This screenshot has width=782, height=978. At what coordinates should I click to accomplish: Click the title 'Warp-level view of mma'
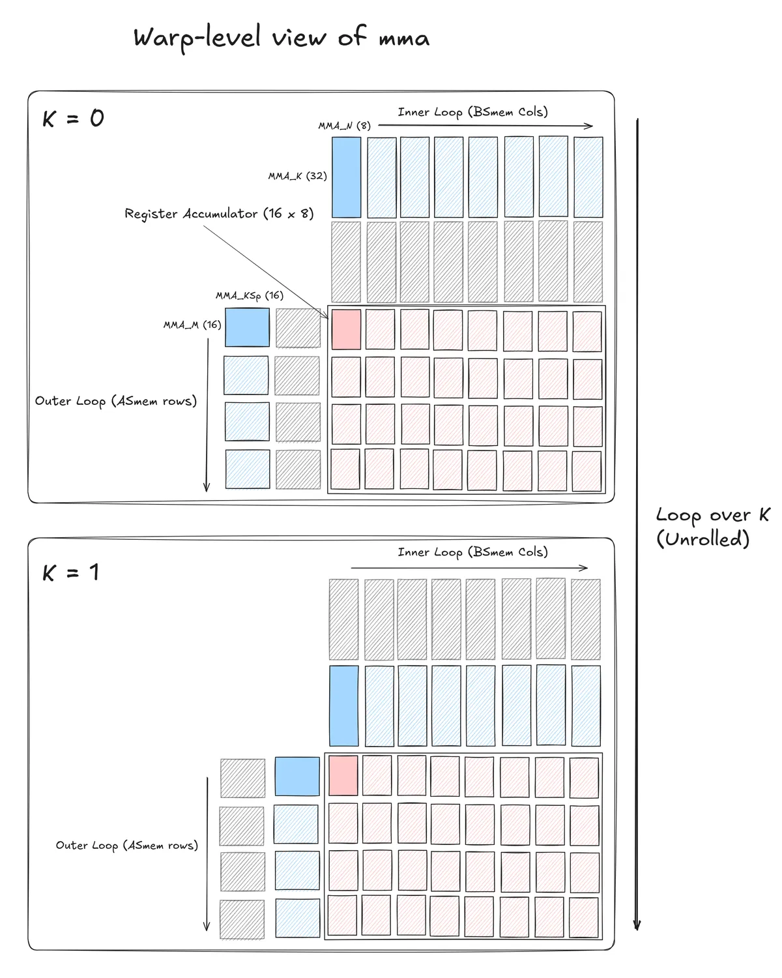[x=281, y=38]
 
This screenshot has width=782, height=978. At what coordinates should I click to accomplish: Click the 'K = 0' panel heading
[x=73, y=119]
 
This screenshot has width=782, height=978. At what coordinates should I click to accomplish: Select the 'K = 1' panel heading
[x=71, y=573]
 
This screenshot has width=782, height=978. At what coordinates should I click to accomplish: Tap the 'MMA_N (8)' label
[x=344, y=126]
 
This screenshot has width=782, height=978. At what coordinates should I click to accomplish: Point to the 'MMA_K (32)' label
[x=297, y=176]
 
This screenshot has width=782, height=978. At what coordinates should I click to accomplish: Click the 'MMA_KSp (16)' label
[x=250, y=296]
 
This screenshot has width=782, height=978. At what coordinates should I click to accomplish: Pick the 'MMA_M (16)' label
[x=192, y=325]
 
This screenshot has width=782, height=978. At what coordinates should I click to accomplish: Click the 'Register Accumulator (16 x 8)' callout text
[x=219, y=214]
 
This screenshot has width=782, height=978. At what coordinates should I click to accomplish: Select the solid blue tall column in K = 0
[x=346, y=177]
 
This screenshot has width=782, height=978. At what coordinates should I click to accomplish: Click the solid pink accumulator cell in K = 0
[x=346, y=329]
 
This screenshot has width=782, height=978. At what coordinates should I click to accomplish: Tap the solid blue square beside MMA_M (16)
[x=247, y=327]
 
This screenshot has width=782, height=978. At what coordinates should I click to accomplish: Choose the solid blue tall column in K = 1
[x=343, y=705]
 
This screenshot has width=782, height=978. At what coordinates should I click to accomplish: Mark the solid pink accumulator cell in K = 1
[x=343, y=775]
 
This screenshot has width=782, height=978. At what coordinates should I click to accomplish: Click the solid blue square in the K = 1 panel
[x=297, y=776]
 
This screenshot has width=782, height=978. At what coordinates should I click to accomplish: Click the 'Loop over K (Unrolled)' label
[x=712, y=527]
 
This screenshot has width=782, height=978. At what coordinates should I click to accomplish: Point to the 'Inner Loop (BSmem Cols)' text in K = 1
[x=472, y=552]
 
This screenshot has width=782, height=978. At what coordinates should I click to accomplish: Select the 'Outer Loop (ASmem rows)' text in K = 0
[x=116, y=401]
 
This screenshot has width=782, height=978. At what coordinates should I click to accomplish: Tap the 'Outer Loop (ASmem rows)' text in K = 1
[x=126, y=845]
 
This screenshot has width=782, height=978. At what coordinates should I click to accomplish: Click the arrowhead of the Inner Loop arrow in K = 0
[x=590, y=126]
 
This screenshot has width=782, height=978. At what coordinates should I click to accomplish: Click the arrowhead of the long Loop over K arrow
[x=637, y=926]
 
